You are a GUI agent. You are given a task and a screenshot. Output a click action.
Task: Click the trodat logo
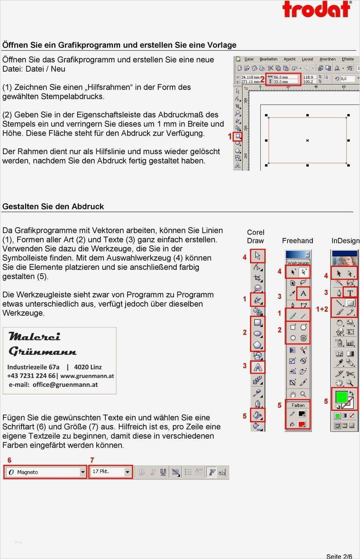click(317, 9)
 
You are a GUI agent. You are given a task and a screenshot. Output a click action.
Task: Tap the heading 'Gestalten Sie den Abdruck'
click(53, 206)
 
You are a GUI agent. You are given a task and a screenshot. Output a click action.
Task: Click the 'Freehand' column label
click(297, 241)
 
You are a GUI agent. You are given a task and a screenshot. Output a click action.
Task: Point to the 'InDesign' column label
click(345, 241)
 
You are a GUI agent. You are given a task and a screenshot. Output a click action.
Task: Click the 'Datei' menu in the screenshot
click(249, 59)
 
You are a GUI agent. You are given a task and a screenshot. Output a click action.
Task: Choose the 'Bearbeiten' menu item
click(268, 59)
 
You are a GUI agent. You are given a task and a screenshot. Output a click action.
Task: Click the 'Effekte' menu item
click(348, 59)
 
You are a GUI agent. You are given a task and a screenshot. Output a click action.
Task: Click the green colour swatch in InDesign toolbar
click(341, 397)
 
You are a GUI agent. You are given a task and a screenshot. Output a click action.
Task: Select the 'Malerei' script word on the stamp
click(34, 336)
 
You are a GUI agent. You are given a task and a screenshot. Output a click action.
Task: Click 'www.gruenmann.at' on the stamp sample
click(87, 376)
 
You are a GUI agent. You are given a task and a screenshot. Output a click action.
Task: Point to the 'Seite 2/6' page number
click(339, 556)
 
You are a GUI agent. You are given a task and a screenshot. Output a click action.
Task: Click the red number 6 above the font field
click(9, 460)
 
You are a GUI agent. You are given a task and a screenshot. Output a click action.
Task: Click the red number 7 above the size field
click(92, 460)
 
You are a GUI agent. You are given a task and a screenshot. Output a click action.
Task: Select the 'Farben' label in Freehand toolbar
click(298, 405)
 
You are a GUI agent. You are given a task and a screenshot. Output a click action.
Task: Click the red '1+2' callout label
click(322, 309)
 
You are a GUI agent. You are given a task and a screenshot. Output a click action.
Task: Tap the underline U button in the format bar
click(163, 472)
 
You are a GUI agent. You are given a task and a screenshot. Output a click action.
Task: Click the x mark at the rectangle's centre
click(307, 141)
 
